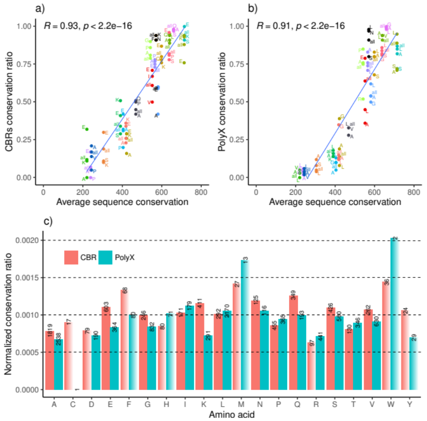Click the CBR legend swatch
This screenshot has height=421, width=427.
click(x=72, y=257)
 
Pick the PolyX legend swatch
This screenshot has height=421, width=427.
click(x=106, y=257)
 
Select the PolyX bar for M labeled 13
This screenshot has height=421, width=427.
click(x=246, y=325)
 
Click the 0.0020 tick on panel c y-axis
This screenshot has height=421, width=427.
click(x=28, y=240)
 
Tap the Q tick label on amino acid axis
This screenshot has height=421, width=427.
click(x=296, y=404)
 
